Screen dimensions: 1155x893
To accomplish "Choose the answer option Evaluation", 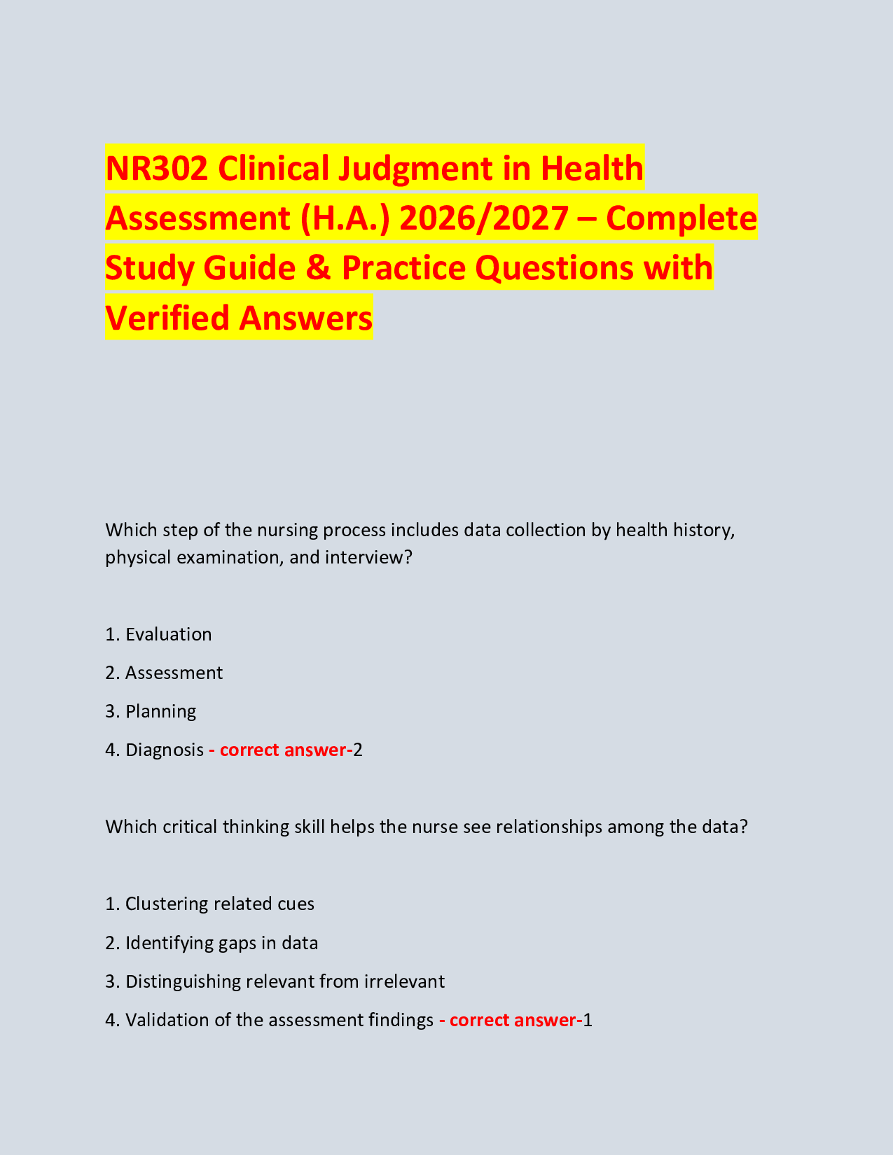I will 168,634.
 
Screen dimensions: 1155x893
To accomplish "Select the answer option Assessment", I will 174,673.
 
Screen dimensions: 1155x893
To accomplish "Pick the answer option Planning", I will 160,711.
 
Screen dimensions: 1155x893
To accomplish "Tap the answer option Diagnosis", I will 165,750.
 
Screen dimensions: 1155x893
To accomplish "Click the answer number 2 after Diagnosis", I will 358,750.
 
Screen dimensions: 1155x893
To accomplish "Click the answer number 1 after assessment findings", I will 588,1020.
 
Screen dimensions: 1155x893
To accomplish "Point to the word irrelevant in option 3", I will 404,981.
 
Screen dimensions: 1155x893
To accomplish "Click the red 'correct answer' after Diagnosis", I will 281,750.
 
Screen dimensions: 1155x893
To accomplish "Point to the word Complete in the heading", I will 681,218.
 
